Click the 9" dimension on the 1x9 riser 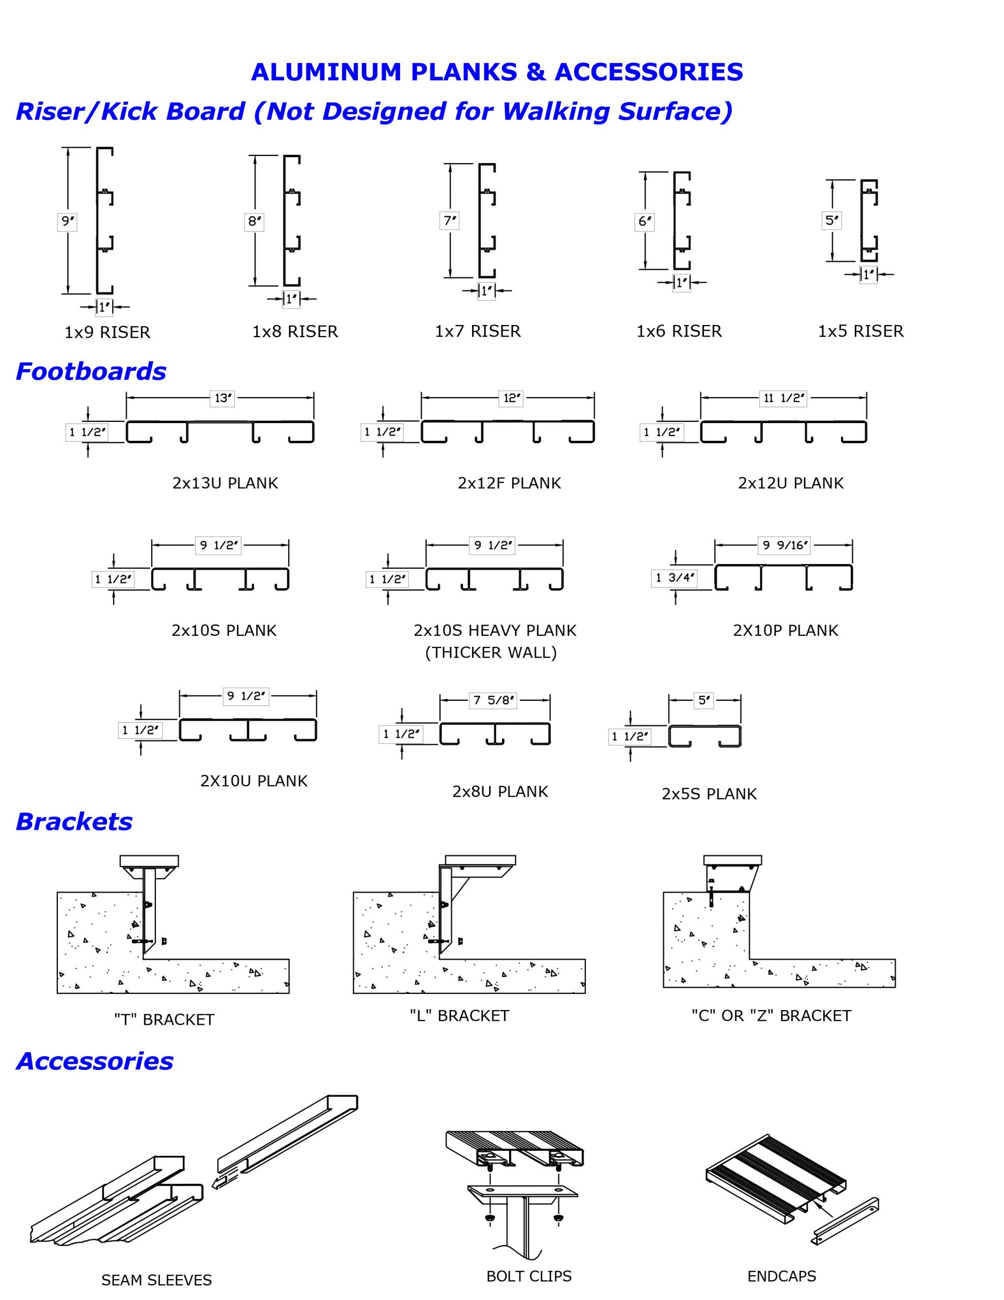68,221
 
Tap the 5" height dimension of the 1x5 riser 831,220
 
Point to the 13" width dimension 222,398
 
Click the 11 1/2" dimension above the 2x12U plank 784,398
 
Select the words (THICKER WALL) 491,653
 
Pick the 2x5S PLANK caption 709,794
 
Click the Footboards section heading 91,371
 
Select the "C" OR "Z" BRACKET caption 772,1016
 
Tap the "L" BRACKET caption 459,1016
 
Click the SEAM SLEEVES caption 156,1280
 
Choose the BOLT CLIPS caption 528,1276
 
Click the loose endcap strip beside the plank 845,1221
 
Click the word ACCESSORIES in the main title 649,72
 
